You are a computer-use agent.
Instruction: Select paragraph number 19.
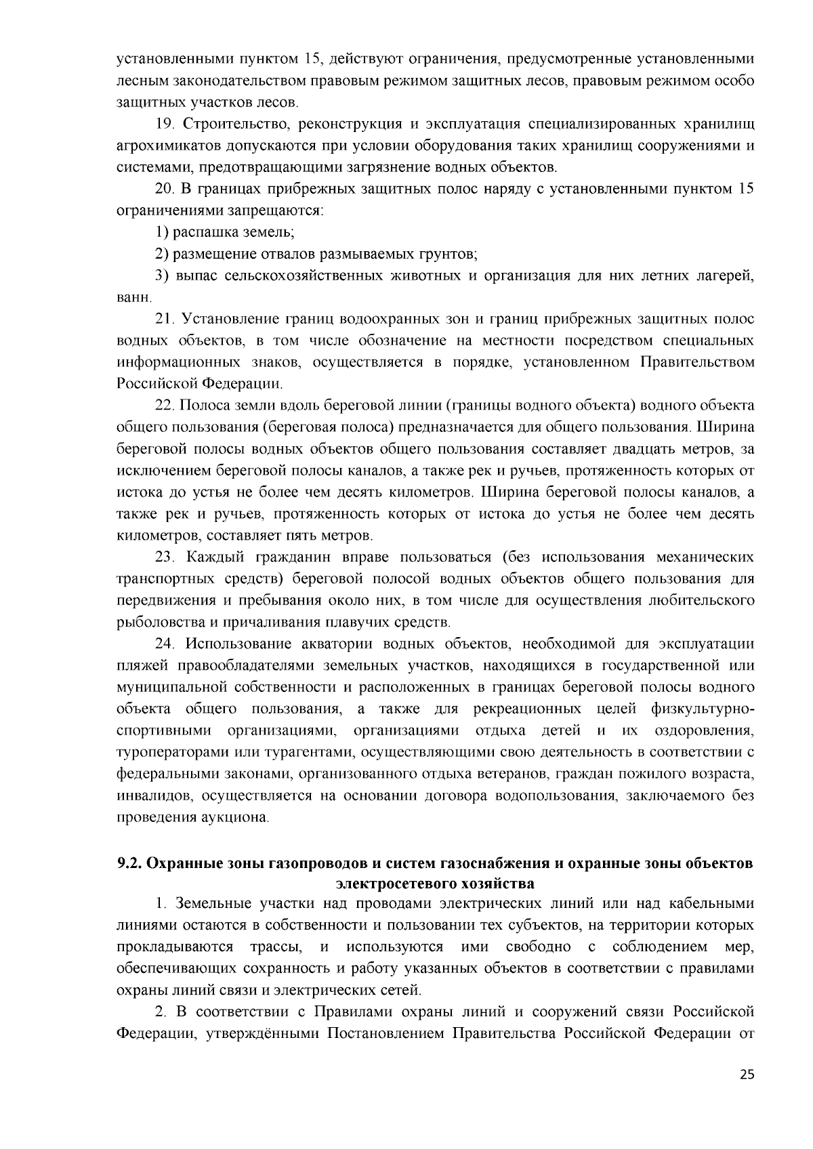[165, 125]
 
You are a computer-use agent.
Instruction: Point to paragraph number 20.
[165, 189]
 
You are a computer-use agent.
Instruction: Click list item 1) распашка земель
[225, 232]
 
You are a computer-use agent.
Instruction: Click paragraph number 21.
[165, 319]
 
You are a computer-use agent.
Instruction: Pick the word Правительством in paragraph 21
[697, 362]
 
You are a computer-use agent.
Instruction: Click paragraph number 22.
[165, 406]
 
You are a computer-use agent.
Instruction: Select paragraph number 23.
[165, 557]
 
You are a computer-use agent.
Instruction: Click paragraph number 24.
[165, 643]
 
